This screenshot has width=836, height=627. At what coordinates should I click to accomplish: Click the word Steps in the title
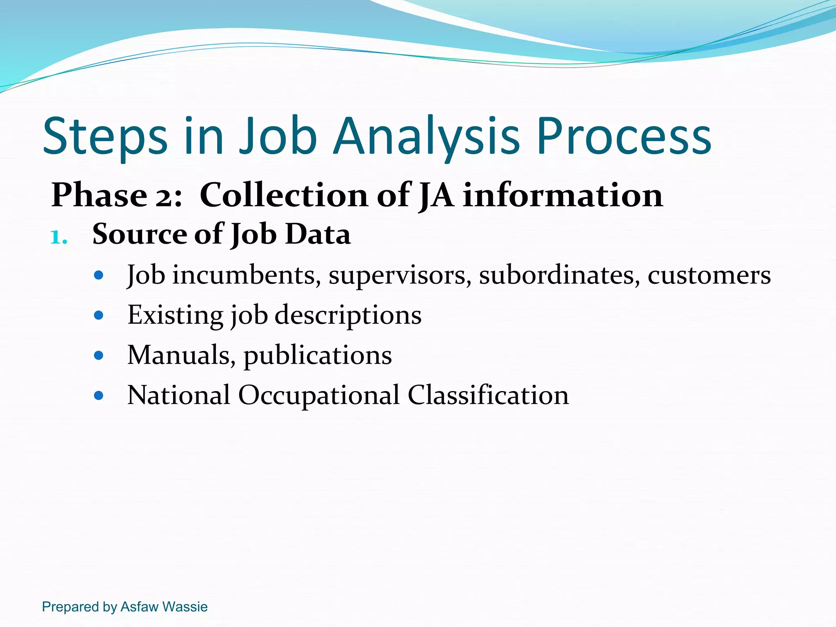tap(105, 137)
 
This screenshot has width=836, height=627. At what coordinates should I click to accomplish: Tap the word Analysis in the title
tap(427, 137)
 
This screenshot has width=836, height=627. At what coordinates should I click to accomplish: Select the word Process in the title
tap(624, 137)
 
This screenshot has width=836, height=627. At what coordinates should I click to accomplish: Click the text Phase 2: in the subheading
tap(117, 196)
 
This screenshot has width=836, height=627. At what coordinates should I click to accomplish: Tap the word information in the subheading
tap(563, 196)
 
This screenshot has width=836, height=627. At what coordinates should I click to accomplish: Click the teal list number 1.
tap(58, 238)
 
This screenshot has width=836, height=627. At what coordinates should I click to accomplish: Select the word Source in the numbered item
tap(139, 234)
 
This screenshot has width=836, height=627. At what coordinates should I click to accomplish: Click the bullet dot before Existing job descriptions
tap(98, 315)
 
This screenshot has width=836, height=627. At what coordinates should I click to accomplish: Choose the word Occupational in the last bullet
tap(318, 396)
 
